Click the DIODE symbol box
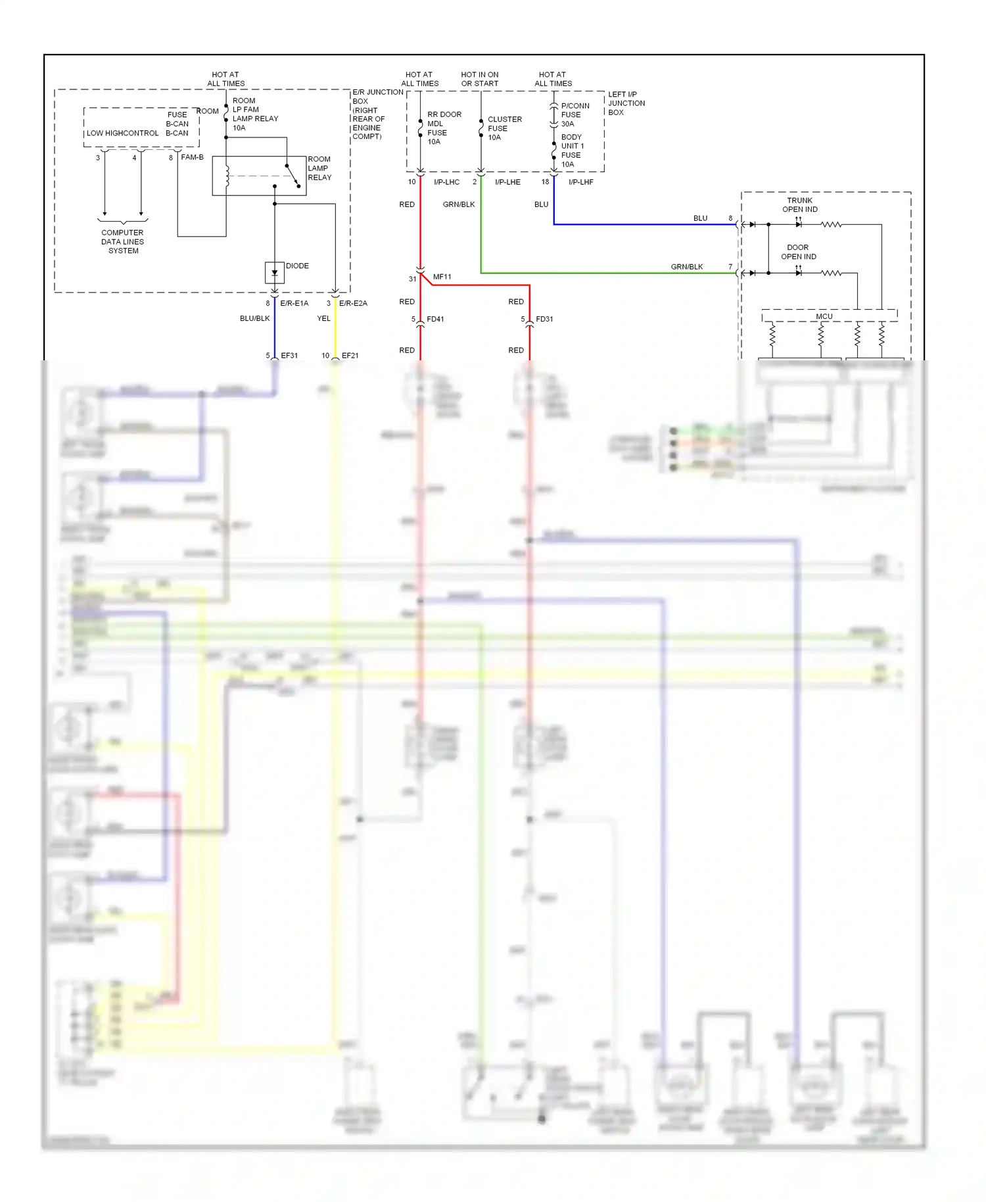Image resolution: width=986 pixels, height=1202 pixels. click(274, 273)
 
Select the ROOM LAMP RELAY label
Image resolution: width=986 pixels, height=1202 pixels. click(319, 168)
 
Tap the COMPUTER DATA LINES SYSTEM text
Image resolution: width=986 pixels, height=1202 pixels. click(122, 241)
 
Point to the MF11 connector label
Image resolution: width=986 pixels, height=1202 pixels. click(442, 277)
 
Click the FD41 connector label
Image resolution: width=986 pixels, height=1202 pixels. click(435, 319)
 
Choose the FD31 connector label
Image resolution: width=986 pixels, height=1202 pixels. click(544, 319)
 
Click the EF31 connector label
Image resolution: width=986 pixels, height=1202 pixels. click(289, 355)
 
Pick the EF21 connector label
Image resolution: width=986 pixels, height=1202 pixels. click(350, 355)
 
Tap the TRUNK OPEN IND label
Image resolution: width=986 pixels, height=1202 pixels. click(799, 204)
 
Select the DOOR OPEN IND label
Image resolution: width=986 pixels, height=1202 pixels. click(798, 252)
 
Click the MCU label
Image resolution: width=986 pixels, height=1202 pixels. click(824, 316)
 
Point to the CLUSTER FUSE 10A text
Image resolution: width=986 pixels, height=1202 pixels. click(504, 128)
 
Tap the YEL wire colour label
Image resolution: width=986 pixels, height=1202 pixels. click(324, 318)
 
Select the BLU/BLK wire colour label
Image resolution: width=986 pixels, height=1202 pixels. click(254, 318)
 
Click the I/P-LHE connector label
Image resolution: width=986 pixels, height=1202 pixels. click(507, 182)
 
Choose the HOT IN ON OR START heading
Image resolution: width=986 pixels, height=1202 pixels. click(480, 79)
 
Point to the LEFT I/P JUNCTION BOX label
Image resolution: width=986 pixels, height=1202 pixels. click(626, 103)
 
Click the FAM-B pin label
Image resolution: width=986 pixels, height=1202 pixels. click(192, 157)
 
